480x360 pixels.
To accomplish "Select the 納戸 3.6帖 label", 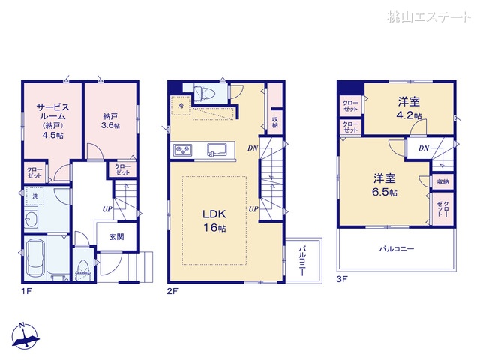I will click(x=110, y=121).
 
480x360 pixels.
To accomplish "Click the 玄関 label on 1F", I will click(x=115, y=237).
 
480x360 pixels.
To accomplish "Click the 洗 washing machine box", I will click(x=35, y=196).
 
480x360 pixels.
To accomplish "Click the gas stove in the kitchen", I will click(x=183, y=151).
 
